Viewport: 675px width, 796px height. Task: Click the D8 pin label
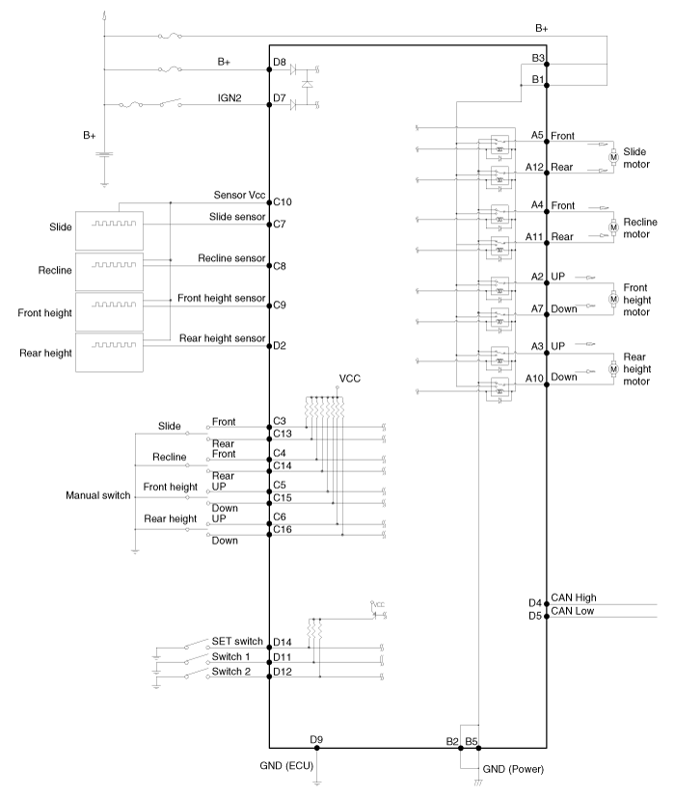[x=280, y=62]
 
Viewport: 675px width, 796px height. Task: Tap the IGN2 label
[x=229, y=98]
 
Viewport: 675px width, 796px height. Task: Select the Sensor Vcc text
[x=239, y=195]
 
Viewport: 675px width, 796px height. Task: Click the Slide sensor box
[x=109, y=231]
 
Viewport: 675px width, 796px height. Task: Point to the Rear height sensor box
[x=109, y=353]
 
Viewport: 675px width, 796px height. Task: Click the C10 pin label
[x=283, y=202]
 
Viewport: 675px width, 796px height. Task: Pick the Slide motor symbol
[x=613, y=157]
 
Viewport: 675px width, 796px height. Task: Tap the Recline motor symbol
[x=613, y=227]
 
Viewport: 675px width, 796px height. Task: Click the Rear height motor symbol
[x=613, y=369]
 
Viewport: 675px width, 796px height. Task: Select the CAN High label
[x=574, y=597]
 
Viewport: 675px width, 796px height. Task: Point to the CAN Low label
[x=573, y=611]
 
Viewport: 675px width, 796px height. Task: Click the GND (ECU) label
[x=286, y=765]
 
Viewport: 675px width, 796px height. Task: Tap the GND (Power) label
[x=513, y=769]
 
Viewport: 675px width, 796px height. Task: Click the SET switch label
[x=237, y=641]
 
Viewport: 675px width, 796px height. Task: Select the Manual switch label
[x=98, y=495]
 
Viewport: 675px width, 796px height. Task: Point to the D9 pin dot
[x=317, y=748]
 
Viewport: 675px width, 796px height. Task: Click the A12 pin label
[x=534, y=167]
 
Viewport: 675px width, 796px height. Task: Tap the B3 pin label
[x=538, y=58]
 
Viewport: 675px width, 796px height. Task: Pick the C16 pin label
[x=283, y=529]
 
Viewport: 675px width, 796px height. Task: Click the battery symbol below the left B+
[x=104, y=155]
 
